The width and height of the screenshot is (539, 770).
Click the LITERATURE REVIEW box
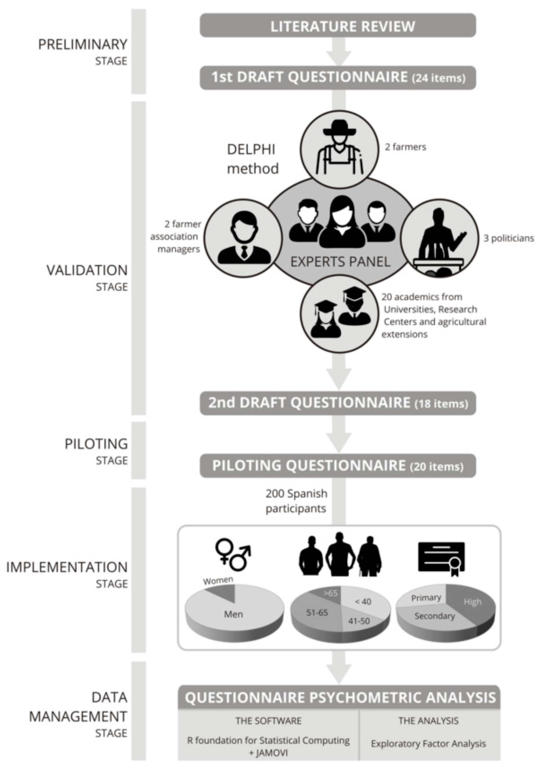[x=338, y=26]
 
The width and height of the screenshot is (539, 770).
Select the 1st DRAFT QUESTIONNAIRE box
[x=338, y=77]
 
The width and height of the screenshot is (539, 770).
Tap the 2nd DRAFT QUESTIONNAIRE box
[x=338, y=403]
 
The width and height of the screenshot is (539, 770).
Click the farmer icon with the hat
[x=339, y=149]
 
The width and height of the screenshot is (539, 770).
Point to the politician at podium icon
[x=440, y=238]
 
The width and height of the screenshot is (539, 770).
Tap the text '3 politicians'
[x=508, y=238]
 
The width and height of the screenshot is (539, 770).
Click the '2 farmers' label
[x=405, y=147]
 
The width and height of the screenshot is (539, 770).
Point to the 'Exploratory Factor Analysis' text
[x=428, y=743]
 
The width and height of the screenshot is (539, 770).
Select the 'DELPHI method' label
[x=252, y=159]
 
